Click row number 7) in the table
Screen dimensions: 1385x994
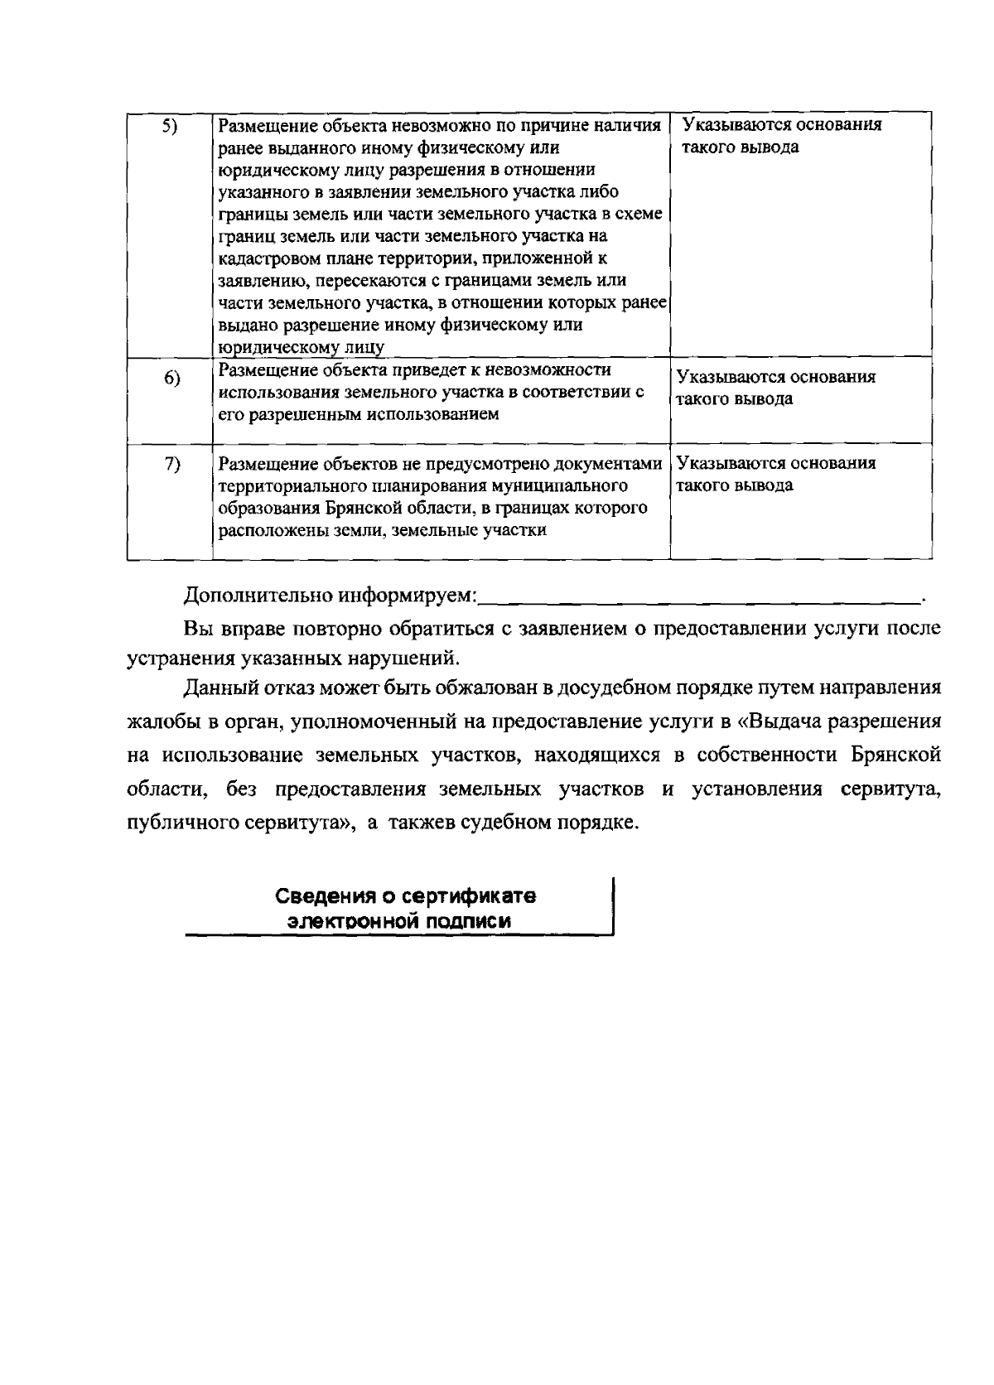click(x=171, y=464)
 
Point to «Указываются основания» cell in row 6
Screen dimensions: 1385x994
click(x=776, y=378)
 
